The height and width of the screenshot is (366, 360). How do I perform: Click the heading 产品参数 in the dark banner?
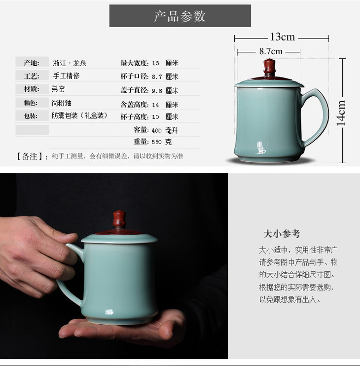coord(180,16)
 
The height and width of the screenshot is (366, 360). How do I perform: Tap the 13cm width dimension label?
coord(282,37)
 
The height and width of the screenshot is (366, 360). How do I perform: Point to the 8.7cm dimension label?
coord(271,51)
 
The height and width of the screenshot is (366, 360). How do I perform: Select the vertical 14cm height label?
coord(341,113)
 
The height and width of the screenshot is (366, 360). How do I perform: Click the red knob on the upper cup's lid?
coord(269,68)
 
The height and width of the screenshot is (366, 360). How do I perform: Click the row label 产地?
coord(31,63)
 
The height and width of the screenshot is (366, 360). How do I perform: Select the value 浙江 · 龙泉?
coord(70,63)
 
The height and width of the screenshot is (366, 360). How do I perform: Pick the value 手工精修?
coord(66,75)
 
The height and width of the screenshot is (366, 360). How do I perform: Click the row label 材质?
coord(31,89)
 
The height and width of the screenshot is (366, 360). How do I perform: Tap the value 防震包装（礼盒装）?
coord(80,115)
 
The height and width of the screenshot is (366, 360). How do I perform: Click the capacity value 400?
coord(156,130)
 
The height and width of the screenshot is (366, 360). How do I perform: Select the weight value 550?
coord(156,142)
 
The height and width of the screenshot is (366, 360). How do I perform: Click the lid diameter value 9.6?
coord(157,91)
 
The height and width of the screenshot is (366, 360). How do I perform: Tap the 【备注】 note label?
coord(30,156)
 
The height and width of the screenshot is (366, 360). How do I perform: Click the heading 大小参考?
coord(282,234)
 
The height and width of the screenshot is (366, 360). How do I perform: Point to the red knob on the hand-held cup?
coord(119,220)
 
